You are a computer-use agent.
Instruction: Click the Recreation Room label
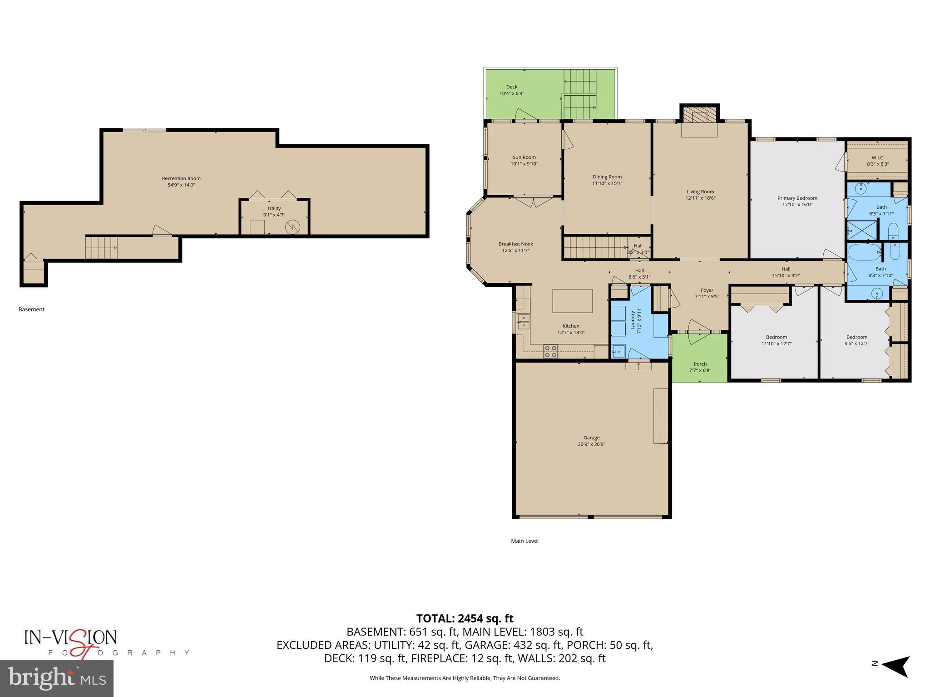pyautogui.click(x=181, y=178)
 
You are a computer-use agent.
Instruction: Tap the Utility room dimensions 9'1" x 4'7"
pyautogui.click(x=274, y=215)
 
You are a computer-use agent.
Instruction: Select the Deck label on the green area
pyautogui.click(x=512, y=87)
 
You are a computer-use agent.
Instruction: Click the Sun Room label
pyautogui.click(x=524, y=157)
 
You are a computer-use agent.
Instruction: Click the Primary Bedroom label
pyautogui.click(x=797, y=198)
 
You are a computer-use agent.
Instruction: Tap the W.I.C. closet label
pyautogui.click(x=877, y=158)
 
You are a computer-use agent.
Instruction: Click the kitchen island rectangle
pyautogui.click(x=572, y=301)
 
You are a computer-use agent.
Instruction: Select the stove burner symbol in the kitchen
pyautogui.click(x=551, y=351)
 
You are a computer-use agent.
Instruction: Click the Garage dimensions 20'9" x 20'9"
pyautogui.click(x=591, y=444)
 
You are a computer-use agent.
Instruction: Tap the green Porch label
pyautogui.click(x=700, y=364)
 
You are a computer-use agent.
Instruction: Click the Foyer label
pyautogui.click(x=707, y=290)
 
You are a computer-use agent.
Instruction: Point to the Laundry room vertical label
pyautogui.click(x=633, y=319)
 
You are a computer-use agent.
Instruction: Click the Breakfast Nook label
pyautogui.click(x=515, y=244)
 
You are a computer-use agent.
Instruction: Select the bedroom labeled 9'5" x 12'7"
pyautogui.click(x=856, y=340)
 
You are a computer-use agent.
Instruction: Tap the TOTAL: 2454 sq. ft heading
pyautogui.click(x=465, y=618)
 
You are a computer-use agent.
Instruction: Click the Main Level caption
pyautogui.click(x=524, y=541)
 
